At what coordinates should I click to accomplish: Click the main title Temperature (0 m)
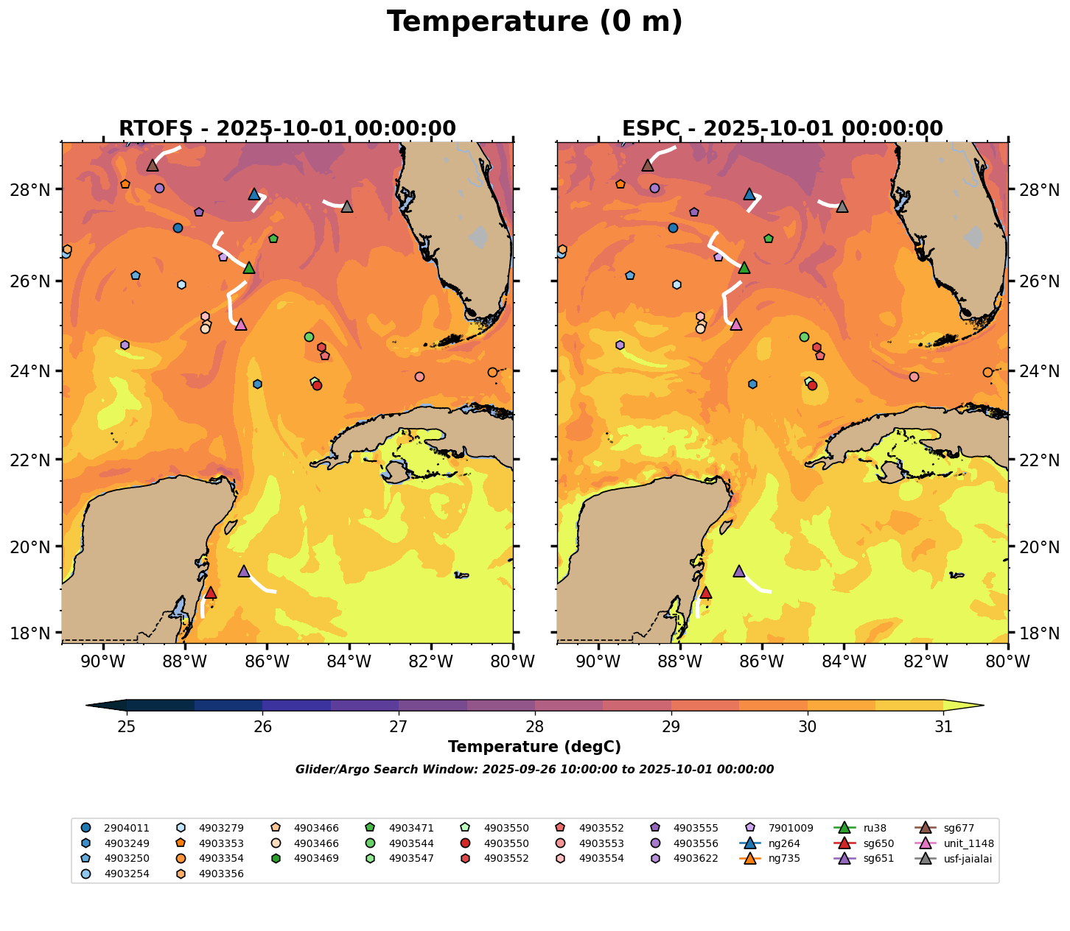[x=534, y=22]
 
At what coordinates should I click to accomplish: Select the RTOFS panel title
[x=287, y=129]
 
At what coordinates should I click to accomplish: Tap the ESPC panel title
[x=782, y=129]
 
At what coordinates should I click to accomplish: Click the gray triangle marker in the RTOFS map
[x=347, y=206]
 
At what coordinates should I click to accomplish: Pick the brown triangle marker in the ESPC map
[x=648, y=165]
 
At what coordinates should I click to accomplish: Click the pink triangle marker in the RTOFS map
[x=240, y=324]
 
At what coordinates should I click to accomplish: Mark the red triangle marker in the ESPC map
[x=705, y=592]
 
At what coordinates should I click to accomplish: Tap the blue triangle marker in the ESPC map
[x=749, y=194]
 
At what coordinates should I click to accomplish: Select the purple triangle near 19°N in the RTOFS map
[x=244, y=571]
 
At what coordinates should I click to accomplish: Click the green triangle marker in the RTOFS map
[x=249, y=267]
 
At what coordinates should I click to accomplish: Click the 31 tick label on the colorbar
[x=943, y=727]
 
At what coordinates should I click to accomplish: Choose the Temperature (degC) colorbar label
[x=534, y=747]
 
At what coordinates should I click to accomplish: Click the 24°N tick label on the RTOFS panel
[x=35, y=371]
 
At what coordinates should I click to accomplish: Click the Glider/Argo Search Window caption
[x=534, y=770]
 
